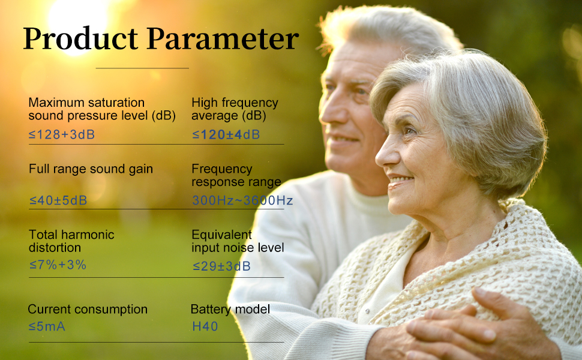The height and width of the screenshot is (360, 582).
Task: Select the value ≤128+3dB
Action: tap(62, 134)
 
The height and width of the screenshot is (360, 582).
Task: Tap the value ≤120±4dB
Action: tap(226, 134)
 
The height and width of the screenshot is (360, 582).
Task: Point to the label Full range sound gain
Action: tap(91, 169)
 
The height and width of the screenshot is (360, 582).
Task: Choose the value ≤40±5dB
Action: tap(58, 201)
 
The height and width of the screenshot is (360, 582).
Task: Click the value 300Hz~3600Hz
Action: tap(242, 200)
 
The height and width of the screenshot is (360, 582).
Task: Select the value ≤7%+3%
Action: tap(58, 265)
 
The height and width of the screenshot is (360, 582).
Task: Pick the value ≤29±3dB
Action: tap(221, 266)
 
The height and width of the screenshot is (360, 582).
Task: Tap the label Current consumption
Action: tap(88, 310)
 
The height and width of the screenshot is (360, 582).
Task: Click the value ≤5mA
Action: tap(47, 326)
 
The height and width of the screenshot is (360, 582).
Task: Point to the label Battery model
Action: tap(230, 310)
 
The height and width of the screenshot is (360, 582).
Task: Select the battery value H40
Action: tap(205, 326)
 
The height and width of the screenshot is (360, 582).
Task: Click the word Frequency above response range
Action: tap(222, 169)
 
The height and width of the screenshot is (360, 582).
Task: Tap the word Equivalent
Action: tap(222, 234)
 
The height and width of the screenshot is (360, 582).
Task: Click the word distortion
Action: tap(55, 247)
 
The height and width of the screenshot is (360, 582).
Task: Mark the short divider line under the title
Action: tap(142, 68)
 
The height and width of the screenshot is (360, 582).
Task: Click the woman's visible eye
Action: tap(410, 131)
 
